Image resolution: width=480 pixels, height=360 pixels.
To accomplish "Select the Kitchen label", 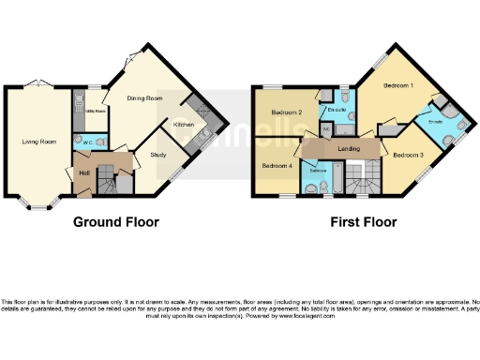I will coord(184,124).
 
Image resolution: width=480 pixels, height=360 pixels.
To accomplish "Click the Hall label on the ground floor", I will coord(83,172).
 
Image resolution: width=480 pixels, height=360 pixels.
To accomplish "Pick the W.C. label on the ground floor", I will coord(87,142).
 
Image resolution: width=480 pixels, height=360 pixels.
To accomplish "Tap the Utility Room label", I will coord(95,111).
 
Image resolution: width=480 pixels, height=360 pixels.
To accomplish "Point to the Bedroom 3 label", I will coord(408,154).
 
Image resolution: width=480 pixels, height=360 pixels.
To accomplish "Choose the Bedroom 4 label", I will coord(277,166).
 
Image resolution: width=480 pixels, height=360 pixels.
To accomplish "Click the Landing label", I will coord(337,149).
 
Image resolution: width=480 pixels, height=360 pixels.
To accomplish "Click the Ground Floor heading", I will coord(116,222).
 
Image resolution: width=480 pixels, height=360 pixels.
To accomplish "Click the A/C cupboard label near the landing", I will coord(325,128).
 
